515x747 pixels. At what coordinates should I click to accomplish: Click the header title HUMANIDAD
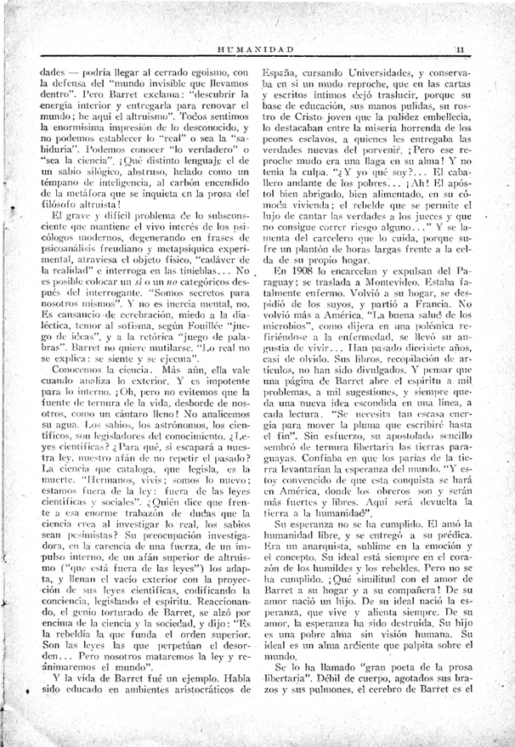coord(255,50)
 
